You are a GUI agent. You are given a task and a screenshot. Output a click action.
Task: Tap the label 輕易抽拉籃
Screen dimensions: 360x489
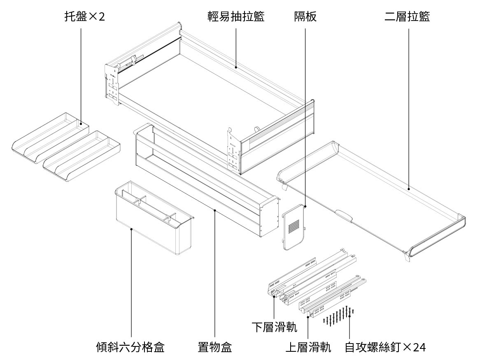[235, 17]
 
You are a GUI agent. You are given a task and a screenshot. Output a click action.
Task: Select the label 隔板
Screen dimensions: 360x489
[305, 17]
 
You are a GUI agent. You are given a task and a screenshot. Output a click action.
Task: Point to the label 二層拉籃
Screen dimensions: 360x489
[407, 17]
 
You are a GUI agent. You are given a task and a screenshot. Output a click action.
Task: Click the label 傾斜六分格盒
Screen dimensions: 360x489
[130, 347]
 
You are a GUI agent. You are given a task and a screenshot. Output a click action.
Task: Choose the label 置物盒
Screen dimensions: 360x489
[215, 347]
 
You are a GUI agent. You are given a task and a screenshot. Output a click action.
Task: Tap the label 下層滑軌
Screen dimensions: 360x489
[274, 327]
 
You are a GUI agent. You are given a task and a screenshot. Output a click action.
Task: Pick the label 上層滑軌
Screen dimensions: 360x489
[308, 347]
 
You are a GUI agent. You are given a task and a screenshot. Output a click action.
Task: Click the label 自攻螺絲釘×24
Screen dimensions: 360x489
[385, 347]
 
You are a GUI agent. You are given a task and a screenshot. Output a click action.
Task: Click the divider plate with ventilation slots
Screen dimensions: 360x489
[293, 226]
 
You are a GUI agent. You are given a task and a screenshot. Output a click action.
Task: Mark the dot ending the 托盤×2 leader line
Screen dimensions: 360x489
[81, 123]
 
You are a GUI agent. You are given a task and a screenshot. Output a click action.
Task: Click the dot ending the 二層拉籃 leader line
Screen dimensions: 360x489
[408, 189]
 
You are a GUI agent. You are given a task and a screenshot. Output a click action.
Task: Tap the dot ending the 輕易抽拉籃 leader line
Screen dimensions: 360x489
[235, 67]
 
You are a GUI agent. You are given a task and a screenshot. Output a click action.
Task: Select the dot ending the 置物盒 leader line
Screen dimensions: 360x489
[215, 210]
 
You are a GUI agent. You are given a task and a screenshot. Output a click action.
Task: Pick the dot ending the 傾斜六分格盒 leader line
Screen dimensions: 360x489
[131, 229]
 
